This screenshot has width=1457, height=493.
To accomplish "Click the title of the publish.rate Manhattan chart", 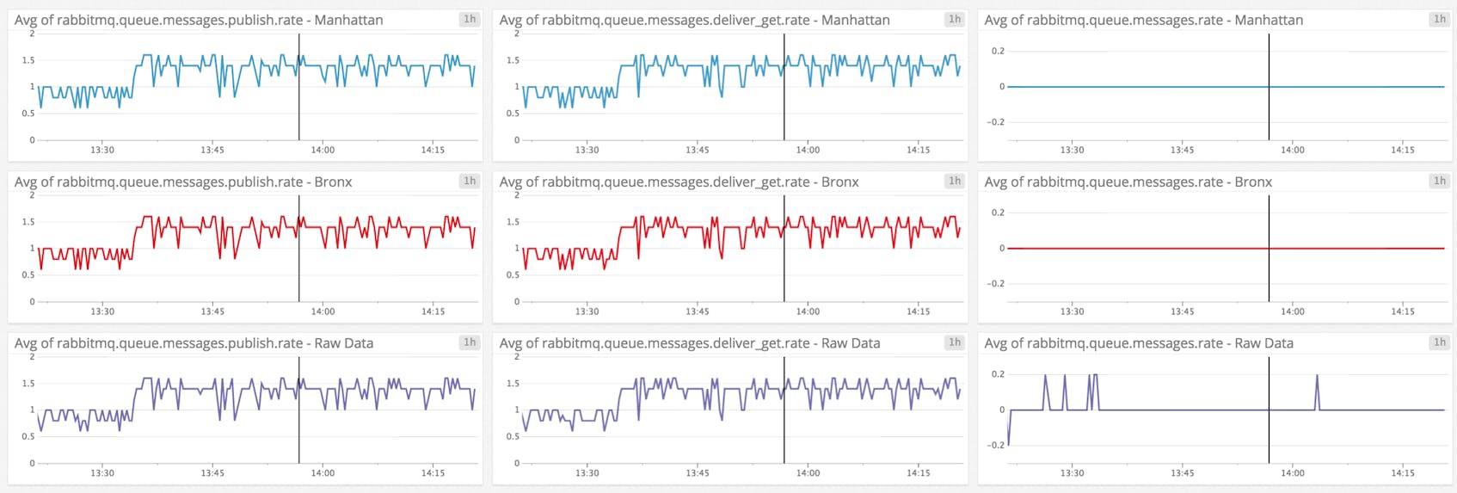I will pos(199,20).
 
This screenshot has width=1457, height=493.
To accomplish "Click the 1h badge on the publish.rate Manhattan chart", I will pos(470,19).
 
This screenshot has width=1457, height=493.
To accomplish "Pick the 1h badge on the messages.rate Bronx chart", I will pos(1439,181).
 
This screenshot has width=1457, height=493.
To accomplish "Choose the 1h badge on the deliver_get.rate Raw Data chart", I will pos(955,342).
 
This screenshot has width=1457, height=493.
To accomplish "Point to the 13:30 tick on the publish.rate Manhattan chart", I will pos(102,150).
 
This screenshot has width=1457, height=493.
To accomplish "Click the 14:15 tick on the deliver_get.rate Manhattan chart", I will pos(918,150).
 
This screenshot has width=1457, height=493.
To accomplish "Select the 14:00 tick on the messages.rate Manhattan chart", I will pos(1292,150).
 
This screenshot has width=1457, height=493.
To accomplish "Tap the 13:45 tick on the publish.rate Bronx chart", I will pos(212,311).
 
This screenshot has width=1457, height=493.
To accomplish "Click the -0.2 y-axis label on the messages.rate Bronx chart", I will pos(995,284).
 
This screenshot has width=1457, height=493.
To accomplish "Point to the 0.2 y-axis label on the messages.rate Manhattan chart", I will pos(998,51).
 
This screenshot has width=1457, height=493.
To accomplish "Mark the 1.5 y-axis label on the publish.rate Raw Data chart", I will pos(28,384).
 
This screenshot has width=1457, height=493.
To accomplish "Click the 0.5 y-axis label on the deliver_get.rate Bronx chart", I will pos(513,275).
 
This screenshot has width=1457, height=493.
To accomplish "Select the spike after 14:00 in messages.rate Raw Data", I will pos(1317,376).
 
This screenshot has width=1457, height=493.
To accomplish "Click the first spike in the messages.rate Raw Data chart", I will pos(1046,376).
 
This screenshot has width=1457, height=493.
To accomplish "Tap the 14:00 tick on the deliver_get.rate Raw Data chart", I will pos(808,473).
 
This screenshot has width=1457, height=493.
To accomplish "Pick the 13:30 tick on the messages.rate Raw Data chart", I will pos(1072,473).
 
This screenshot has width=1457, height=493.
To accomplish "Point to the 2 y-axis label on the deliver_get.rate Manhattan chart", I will pos(517,34).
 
